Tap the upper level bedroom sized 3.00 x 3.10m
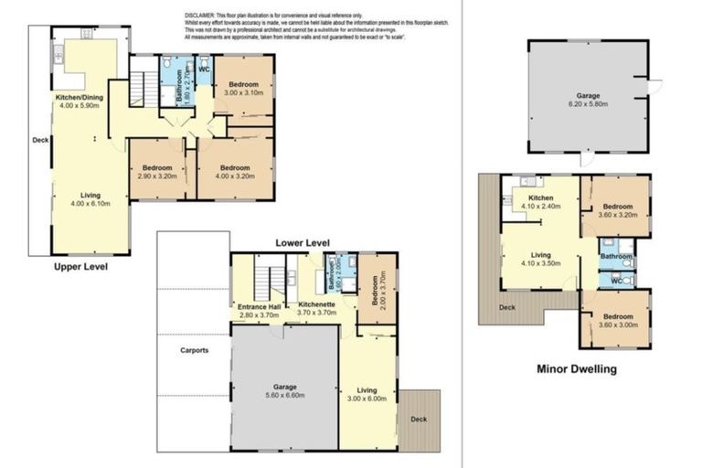click(x=243, y=89)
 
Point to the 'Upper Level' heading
click(x=80, y=267)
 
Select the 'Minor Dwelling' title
click(x=576, y=369)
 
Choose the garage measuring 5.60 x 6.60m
click(x=283, y=390)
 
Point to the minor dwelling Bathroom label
click(x=616, y=258)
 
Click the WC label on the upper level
click(x=205, y=69)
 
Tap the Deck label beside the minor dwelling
click(x=507, y=306)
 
